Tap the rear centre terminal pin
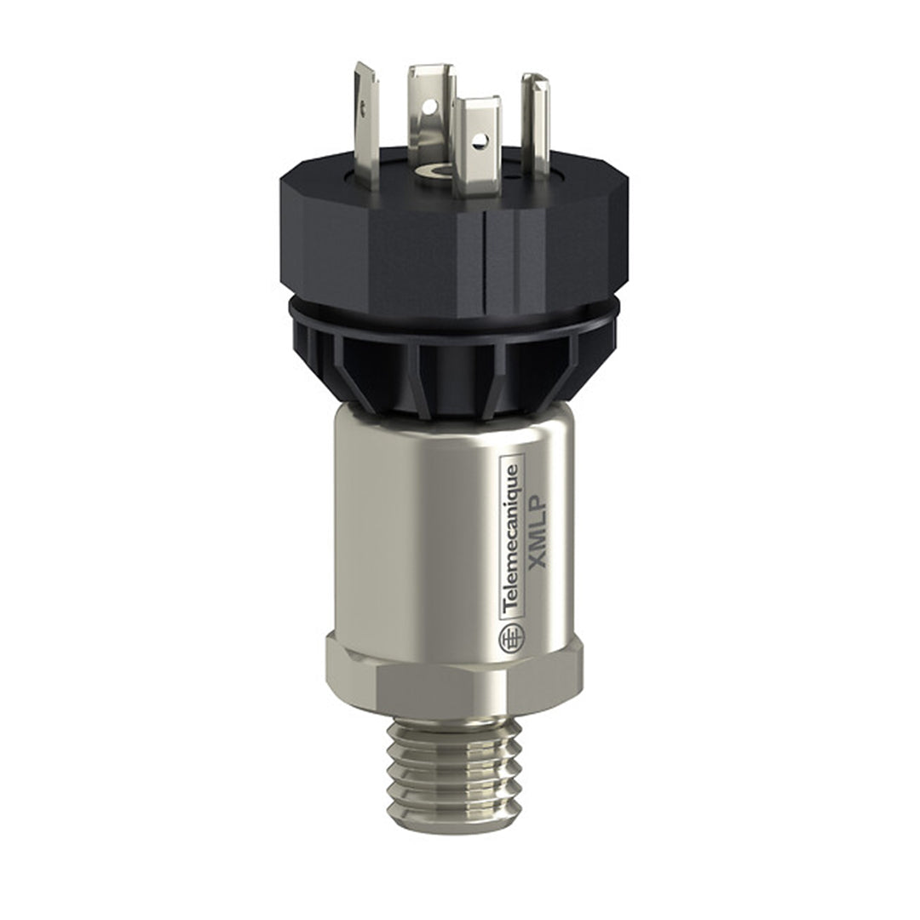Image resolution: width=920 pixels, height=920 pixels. click(431, 111)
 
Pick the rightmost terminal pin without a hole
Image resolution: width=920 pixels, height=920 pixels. click(535, 124)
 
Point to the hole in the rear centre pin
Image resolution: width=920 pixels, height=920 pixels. click(430, 106)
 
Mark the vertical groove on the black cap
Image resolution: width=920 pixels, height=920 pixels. click(483, 247)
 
